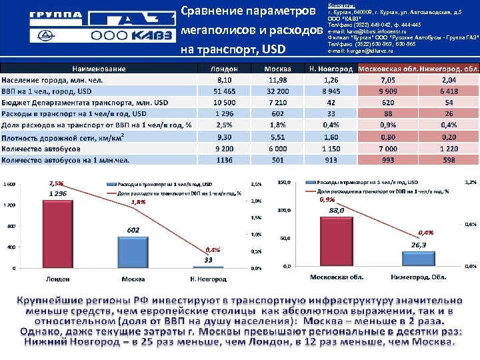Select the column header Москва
pos(277,69)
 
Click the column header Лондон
pos(223,69)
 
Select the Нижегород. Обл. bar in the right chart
pos(419,259)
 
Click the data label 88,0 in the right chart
pos(337,211)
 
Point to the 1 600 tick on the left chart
pos(9,184)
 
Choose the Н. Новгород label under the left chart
pos(208,279)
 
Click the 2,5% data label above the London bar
pos(57,183)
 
